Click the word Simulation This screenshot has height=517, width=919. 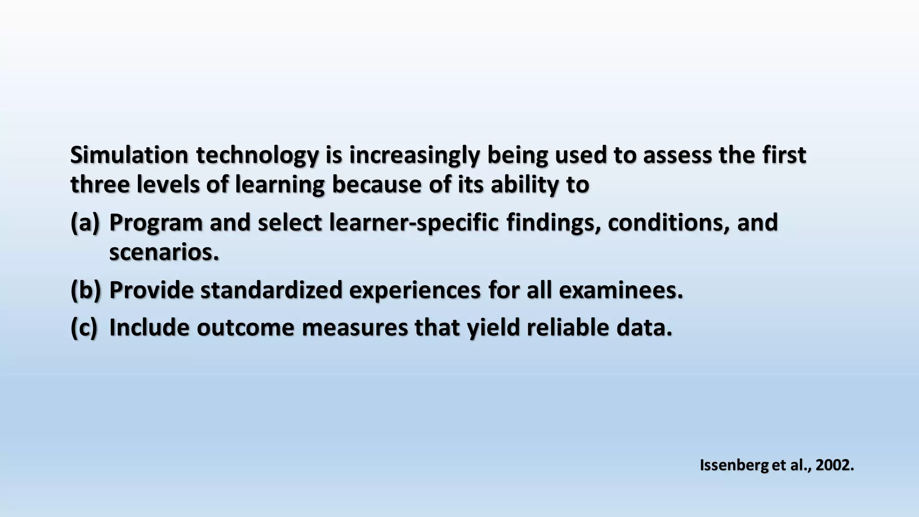tap(129, 155)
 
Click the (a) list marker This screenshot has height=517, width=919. tap(84, 223)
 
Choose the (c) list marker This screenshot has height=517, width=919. tap(84, 328)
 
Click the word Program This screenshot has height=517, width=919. tap(156, 223)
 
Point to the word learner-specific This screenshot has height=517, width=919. tap(414, 223)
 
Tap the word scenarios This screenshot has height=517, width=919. tap(164, 252)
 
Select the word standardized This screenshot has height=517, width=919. tap(271, 290)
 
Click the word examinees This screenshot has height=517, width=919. tap(621, 290)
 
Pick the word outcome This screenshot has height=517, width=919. tap(245, 328)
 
